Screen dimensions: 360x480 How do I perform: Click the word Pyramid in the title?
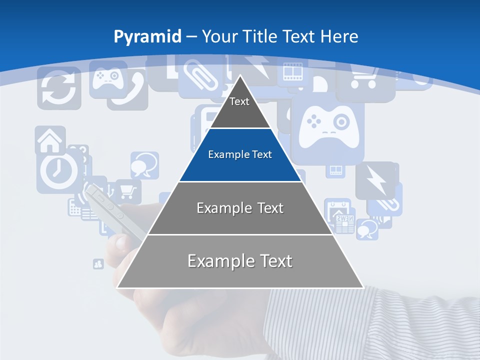click(x=147, y=36)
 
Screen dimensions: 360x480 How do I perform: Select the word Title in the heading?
click(x=259, y=36)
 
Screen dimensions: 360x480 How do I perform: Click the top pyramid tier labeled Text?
click(x=239, y=105)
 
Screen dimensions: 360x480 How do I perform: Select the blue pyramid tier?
click(x=240, y=155)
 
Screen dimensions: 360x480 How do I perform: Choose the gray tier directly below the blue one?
click(x=240, y=208)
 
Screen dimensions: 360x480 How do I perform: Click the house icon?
click(x=50, y=140)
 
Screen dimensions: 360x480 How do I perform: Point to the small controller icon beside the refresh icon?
click(x=107, y=77)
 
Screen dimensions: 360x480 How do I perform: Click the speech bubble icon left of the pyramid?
click(x=144, y=165)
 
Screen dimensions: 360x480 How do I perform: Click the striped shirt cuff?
click(x=370, y=325)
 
